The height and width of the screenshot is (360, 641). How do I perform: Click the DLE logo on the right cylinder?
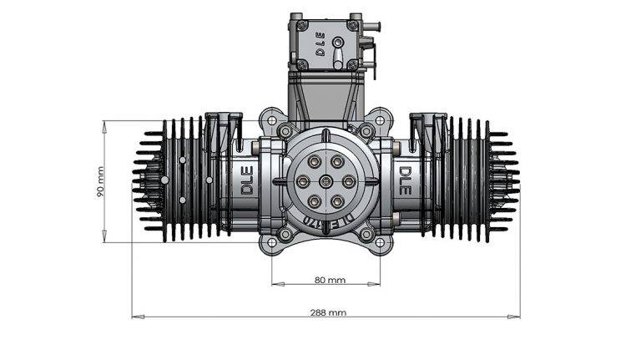[x=405, y=180]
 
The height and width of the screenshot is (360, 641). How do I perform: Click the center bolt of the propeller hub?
[x=326, y=181]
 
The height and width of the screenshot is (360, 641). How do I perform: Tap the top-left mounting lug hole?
[x=268, y=116]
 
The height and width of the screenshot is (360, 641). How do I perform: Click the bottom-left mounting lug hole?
[x=268, y=244]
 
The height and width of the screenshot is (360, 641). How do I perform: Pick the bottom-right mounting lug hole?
[x=383, y=244]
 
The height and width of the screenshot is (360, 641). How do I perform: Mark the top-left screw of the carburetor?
[x=295, y=17]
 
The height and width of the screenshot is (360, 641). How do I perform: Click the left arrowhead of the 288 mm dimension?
[x=136, y=317]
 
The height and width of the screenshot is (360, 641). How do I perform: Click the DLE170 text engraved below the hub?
[x=327, y=221]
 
